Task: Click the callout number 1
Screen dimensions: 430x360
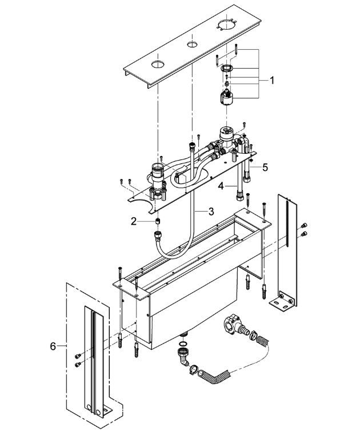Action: pyautogui.click(x=272, y=81)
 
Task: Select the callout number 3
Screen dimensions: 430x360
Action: pyautogui.click(x=211, y=211)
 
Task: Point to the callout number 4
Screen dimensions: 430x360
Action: pyautogui.click(x=221, y=185)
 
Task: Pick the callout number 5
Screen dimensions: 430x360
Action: pyautogui.click(x=265, y=167)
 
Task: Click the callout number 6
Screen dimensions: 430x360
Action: pyautogui.click(x=54, y=346)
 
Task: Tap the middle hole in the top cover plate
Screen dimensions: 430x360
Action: pyautogui.click(x=189, y=45)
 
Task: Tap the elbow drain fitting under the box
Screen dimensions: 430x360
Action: pyautogui.click(x=183, y=358)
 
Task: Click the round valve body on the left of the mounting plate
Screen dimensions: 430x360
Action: pyautogui.click(x=155, y=172)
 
